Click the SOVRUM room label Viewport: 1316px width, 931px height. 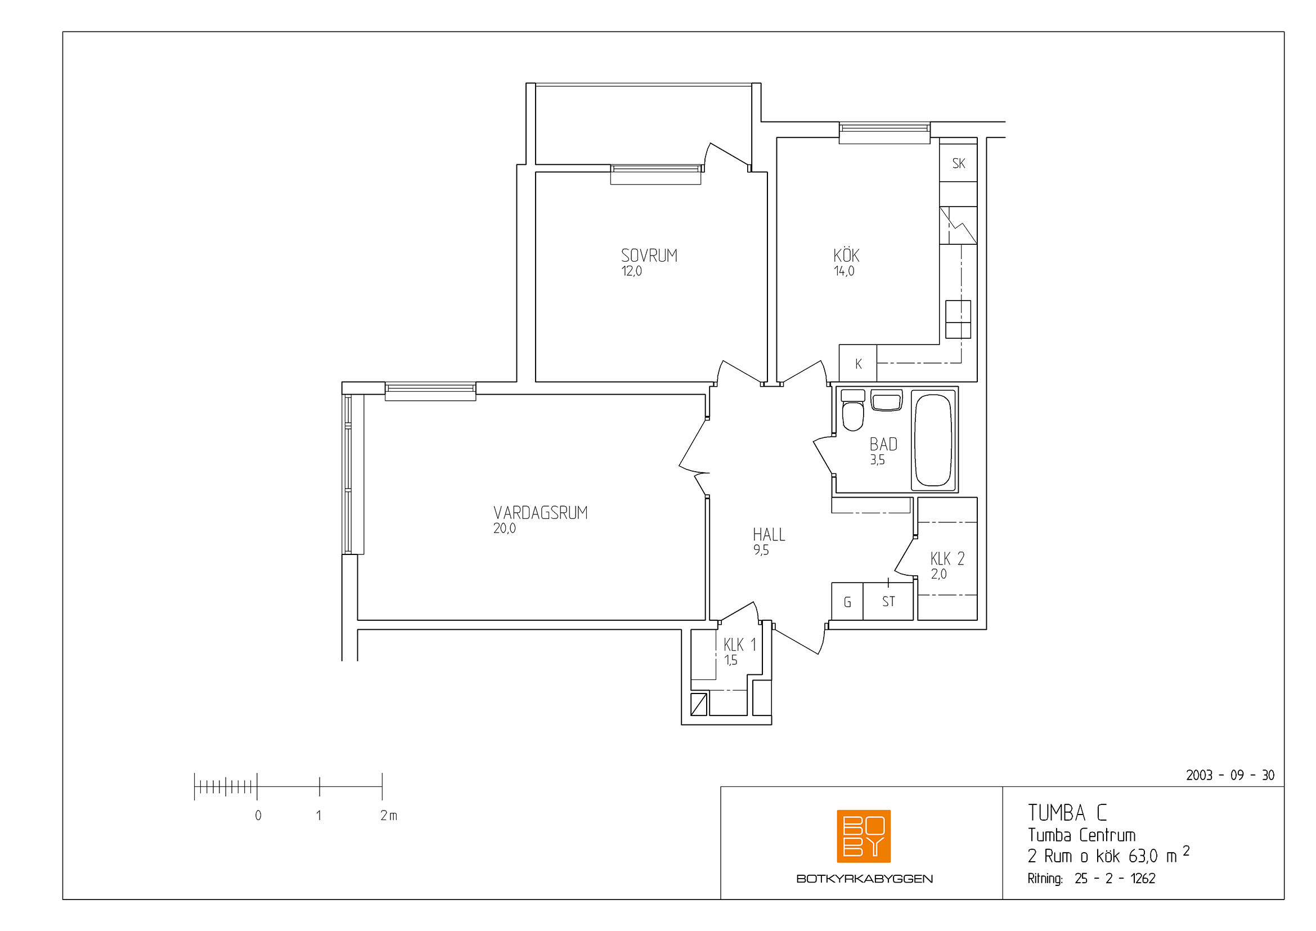(x=649, y=256)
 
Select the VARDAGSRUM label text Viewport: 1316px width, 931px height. (x=541, y=513)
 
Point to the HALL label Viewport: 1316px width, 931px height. (x=769, y=535)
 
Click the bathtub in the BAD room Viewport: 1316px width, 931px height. (x=934, y=440)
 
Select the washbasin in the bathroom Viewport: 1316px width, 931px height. (x=886, y=400)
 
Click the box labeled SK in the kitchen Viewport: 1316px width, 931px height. (x=958, y=163)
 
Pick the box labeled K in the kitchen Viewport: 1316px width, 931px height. (x=858, y=364)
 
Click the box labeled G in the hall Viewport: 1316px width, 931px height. (x=847, y=601)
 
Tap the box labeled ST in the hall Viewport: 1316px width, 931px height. (x=888, y=601)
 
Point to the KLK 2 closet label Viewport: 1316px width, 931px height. (x=947, y=558)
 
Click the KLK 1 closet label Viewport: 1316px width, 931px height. (x=740, y=644)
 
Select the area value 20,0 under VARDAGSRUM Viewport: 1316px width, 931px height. (x=504, y=529)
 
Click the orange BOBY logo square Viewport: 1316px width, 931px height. (x=864, y=836)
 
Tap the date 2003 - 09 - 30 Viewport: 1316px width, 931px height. (x=1230, y=775)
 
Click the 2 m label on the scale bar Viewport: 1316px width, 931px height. (x=389, y=815)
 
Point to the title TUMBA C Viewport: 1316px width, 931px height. (x=1067, y=813)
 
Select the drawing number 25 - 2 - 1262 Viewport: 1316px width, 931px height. (x=1115, y=878)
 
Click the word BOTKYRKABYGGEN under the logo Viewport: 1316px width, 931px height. (x=864, y=879)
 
